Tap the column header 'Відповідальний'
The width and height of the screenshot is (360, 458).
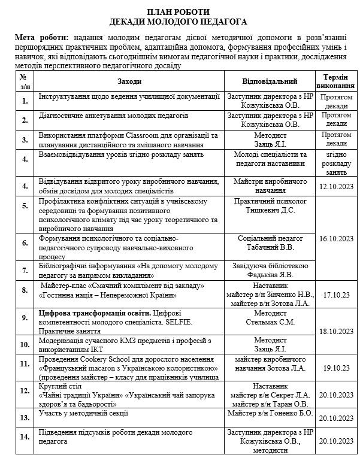(x=269, y=81)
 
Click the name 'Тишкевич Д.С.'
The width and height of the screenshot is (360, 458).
(x=270, y=210)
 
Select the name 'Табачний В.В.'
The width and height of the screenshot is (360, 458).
(x=270, y=247)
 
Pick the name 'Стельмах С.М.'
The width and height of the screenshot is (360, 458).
(x=270, y=321)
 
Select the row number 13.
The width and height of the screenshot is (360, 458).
(x=24, y=416)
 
